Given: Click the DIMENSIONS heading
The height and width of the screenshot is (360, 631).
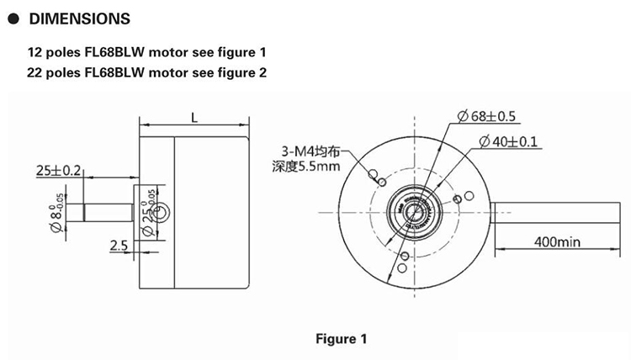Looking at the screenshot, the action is (x=80, y=19).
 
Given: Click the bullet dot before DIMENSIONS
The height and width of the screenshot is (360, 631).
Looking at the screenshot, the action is (x=13, y=19).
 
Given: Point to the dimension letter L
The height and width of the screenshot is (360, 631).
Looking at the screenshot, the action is (x=194, y=118).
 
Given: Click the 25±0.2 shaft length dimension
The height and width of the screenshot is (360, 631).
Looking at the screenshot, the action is (x=58, y=171).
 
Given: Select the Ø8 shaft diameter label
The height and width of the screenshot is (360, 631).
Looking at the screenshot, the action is (x=56, y=213).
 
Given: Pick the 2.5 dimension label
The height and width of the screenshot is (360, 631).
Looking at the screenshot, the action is (x=119, y=246).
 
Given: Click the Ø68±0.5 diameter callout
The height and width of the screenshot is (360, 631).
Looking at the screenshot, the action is (x=487, y=116).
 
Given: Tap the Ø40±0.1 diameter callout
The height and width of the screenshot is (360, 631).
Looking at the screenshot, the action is (x=509, y=141).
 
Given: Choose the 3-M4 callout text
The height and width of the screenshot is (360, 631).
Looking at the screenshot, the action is (x=310, y=151).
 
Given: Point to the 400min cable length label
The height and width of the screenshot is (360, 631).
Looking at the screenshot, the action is (x=557, y=242).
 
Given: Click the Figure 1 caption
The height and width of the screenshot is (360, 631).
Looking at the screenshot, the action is (x=342, y=339).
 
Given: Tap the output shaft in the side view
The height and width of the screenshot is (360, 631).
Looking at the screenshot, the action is (x=100, y=212).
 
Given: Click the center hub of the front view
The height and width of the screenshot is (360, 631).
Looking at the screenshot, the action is (x=415, y=212).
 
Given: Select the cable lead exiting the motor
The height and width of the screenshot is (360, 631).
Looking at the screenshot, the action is (x=556, y=212).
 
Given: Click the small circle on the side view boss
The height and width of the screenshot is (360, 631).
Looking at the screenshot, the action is (x=161, y=212).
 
